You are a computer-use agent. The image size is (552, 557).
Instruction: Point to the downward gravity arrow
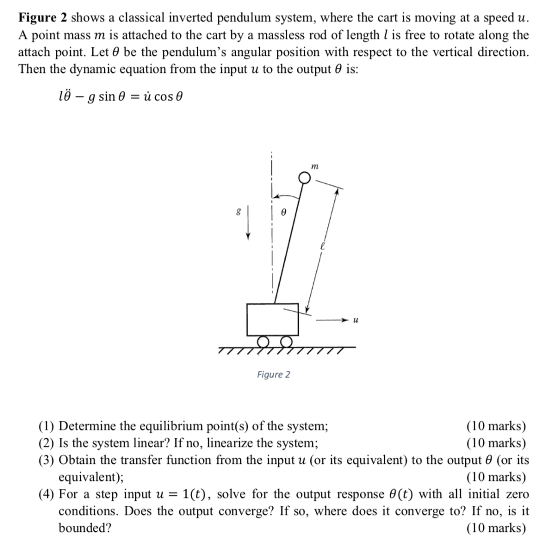249,222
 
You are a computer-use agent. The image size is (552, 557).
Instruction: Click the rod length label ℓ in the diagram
322,245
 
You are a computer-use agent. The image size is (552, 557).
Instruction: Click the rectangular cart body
272,319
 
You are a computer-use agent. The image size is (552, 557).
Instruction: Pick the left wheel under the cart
263,341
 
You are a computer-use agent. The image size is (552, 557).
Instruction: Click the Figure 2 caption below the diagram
274,374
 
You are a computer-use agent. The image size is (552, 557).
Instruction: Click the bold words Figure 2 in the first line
43,17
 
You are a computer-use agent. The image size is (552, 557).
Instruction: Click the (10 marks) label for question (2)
496,443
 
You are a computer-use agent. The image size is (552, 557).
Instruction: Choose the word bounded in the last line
85,528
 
